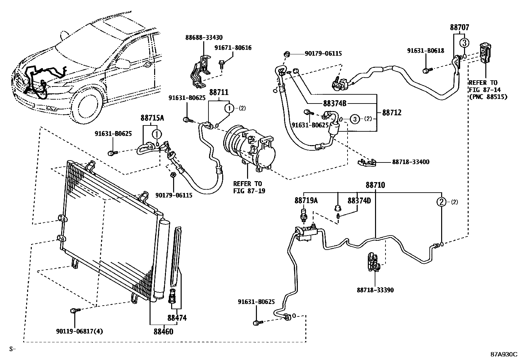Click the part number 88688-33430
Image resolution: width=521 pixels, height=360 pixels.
204,38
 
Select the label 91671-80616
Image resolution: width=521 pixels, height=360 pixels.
233,48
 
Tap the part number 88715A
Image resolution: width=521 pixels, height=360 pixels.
153,118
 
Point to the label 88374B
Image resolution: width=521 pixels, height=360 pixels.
334,104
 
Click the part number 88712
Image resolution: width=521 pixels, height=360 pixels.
392,113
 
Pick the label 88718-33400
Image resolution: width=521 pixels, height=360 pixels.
411,162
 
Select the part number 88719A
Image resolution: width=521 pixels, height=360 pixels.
306,200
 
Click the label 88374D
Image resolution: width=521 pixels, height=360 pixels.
359,200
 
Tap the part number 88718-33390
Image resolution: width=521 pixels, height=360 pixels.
375,290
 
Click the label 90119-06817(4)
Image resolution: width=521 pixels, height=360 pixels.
80,331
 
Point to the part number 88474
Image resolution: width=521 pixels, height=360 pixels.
177,318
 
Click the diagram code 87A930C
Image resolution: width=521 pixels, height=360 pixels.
503,354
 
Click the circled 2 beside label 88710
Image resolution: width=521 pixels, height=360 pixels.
442,202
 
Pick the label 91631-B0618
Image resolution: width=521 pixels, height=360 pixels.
425,50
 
